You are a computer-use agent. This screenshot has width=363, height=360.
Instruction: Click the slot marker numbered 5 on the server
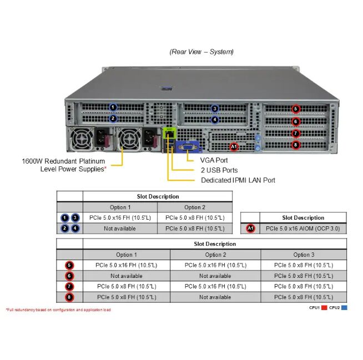pos(295,109)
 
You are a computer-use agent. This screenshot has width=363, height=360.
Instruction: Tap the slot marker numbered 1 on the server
pos(113,107)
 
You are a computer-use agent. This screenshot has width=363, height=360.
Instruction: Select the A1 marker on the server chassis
pos(234,147)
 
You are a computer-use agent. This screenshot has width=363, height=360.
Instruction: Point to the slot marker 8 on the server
pos(295,145)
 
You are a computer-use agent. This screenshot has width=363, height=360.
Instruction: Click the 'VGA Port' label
pos(214,160)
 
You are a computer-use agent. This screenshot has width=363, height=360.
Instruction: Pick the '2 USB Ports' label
pos(219,170)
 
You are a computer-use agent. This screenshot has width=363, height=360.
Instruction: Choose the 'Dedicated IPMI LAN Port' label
pos(238,180)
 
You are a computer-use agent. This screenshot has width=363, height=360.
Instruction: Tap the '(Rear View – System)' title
pos(201,52)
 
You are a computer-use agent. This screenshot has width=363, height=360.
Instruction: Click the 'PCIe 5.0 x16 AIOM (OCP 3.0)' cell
pos(302,229)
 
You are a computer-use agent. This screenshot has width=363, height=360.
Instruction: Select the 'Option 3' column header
pos(303,255)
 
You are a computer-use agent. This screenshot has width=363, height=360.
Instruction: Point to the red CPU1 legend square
pos(324,307)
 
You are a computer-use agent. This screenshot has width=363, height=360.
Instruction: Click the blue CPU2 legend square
pos(344,307)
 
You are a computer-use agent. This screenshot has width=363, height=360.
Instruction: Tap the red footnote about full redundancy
pos(58,310)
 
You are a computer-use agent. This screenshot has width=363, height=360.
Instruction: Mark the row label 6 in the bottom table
pos(69,276)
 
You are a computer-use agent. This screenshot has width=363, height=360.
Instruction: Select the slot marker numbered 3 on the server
pos(215,109)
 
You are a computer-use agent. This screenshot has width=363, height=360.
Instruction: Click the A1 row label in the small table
pos(250,229)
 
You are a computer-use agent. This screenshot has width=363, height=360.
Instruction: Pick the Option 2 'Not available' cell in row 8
pos(215,297)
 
